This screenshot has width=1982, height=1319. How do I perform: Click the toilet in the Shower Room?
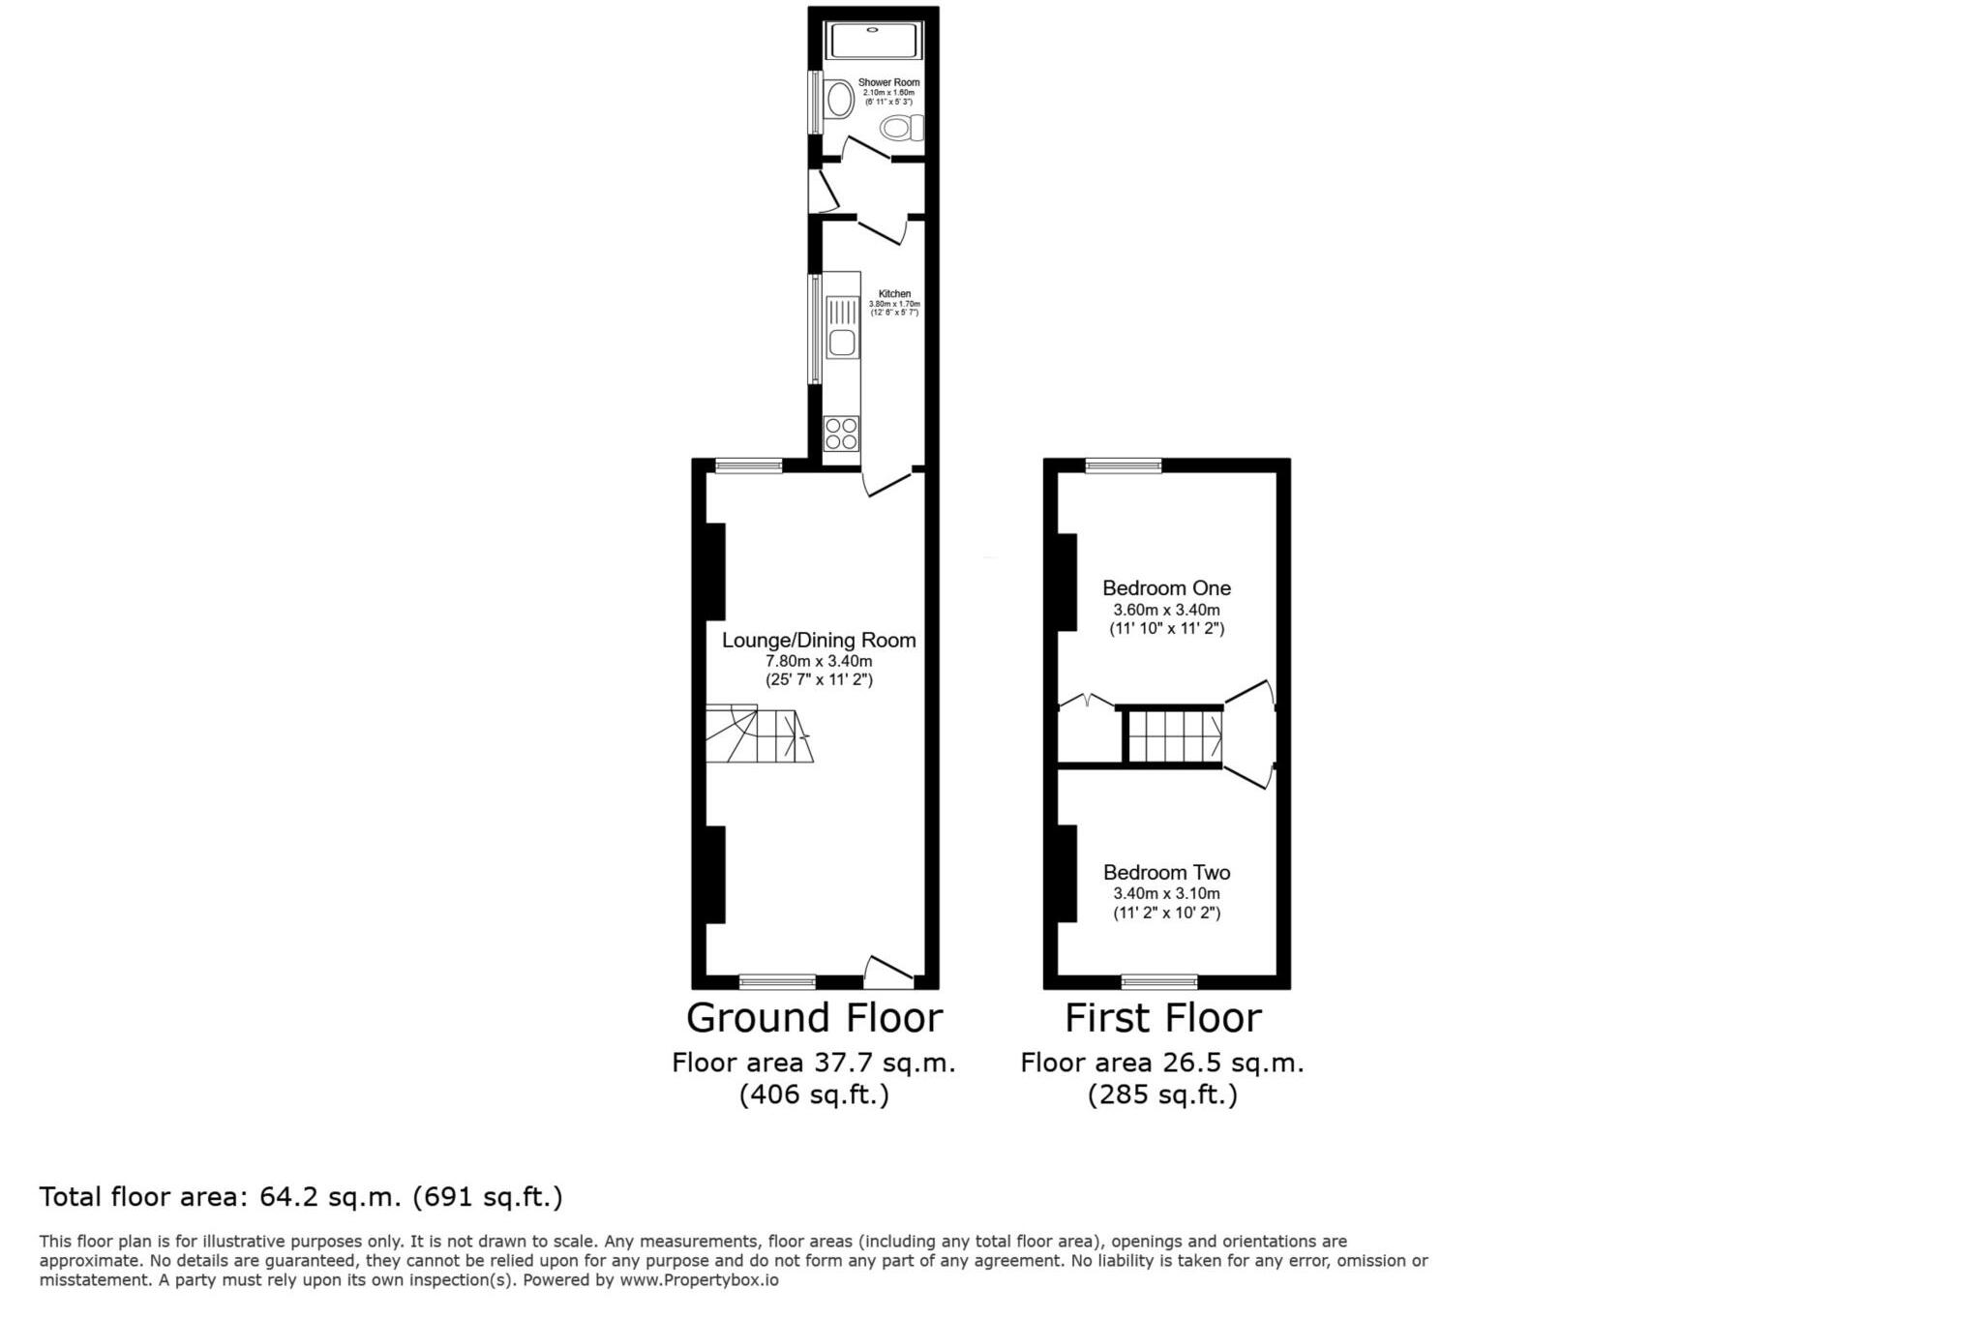point(902,128)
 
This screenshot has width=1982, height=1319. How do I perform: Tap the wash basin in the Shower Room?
point(839,99)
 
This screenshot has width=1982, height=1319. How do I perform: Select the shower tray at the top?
point(874,41)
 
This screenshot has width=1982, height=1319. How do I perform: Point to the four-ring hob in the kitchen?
point(841,434)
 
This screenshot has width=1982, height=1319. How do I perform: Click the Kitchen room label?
point(894,294)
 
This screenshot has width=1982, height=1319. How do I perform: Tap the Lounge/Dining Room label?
point(819,640)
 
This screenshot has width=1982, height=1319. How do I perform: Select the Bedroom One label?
point(1166,587)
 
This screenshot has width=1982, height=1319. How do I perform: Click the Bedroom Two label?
point(1166,872)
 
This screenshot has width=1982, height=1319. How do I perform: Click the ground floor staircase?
point(758,735)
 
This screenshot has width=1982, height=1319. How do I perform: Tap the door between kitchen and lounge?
point(886,481)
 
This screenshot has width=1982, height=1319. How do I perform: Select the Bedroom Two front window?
point(1159,982)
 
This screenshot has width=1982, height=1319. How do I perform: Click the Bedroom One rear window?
point(1123,465)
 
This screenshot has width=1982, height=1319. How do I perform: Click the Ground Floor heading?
point(814,1018)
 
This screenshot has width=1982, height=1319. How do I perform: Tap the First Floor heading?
point(1162,1018)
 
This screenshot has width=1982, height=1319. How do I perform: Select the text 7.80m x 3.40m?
point(819,661)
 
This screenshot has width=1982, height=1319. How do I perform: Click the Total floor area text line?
point(300,1197)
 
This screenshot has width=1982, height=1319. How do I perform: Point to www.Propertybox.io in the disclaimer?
point(699,1280)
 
